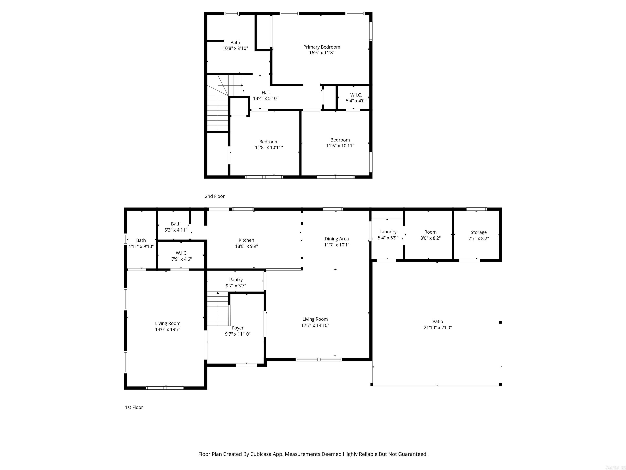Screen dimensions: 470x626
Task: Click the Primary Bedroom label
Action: point(322,47)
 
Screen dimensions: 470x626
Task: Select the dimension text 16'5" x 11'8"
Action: point(322,53)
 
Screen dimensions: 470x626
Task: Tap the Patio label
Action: point(438,321)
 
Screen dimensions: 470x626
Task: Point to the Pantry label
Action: point(236,280)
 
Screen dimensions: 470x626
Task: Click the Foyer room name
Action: point(237,328)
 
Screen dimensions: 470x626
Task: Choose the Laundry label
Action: point(388,232)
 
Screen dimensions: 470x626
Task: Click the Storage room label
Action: point(478,232)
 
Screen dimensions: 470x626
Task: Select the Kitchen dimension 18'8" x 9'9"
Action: point(246,246)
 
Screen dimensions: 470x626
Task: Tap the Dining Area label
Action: point(336,239)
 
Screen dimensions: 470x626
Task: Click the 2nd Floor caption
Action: point(215,196)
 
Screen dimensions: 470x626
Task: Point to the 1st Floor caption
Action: point(134,407)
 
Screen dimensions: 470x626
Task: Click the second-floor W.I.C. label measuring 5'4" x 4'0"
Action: point(356,95)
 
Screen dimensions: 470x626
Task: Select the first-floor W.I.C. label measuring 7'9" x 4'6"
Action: point(181,253)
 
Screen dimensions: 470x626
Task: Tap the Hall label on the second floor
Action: point(266,93)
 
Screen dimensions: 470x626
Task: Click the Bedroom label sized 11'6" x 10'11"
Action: point(340,140)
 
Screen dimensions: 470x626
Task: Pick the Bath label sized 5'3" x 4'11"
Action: point(175,224)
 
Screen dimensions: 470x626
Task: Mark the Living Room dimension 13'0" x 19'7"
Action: point(168,329)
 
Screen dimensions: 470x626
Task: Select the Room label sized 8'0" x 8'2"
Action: point(430,232)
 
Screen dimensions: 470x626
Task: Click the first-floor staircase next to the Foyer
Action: point(218,309)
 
